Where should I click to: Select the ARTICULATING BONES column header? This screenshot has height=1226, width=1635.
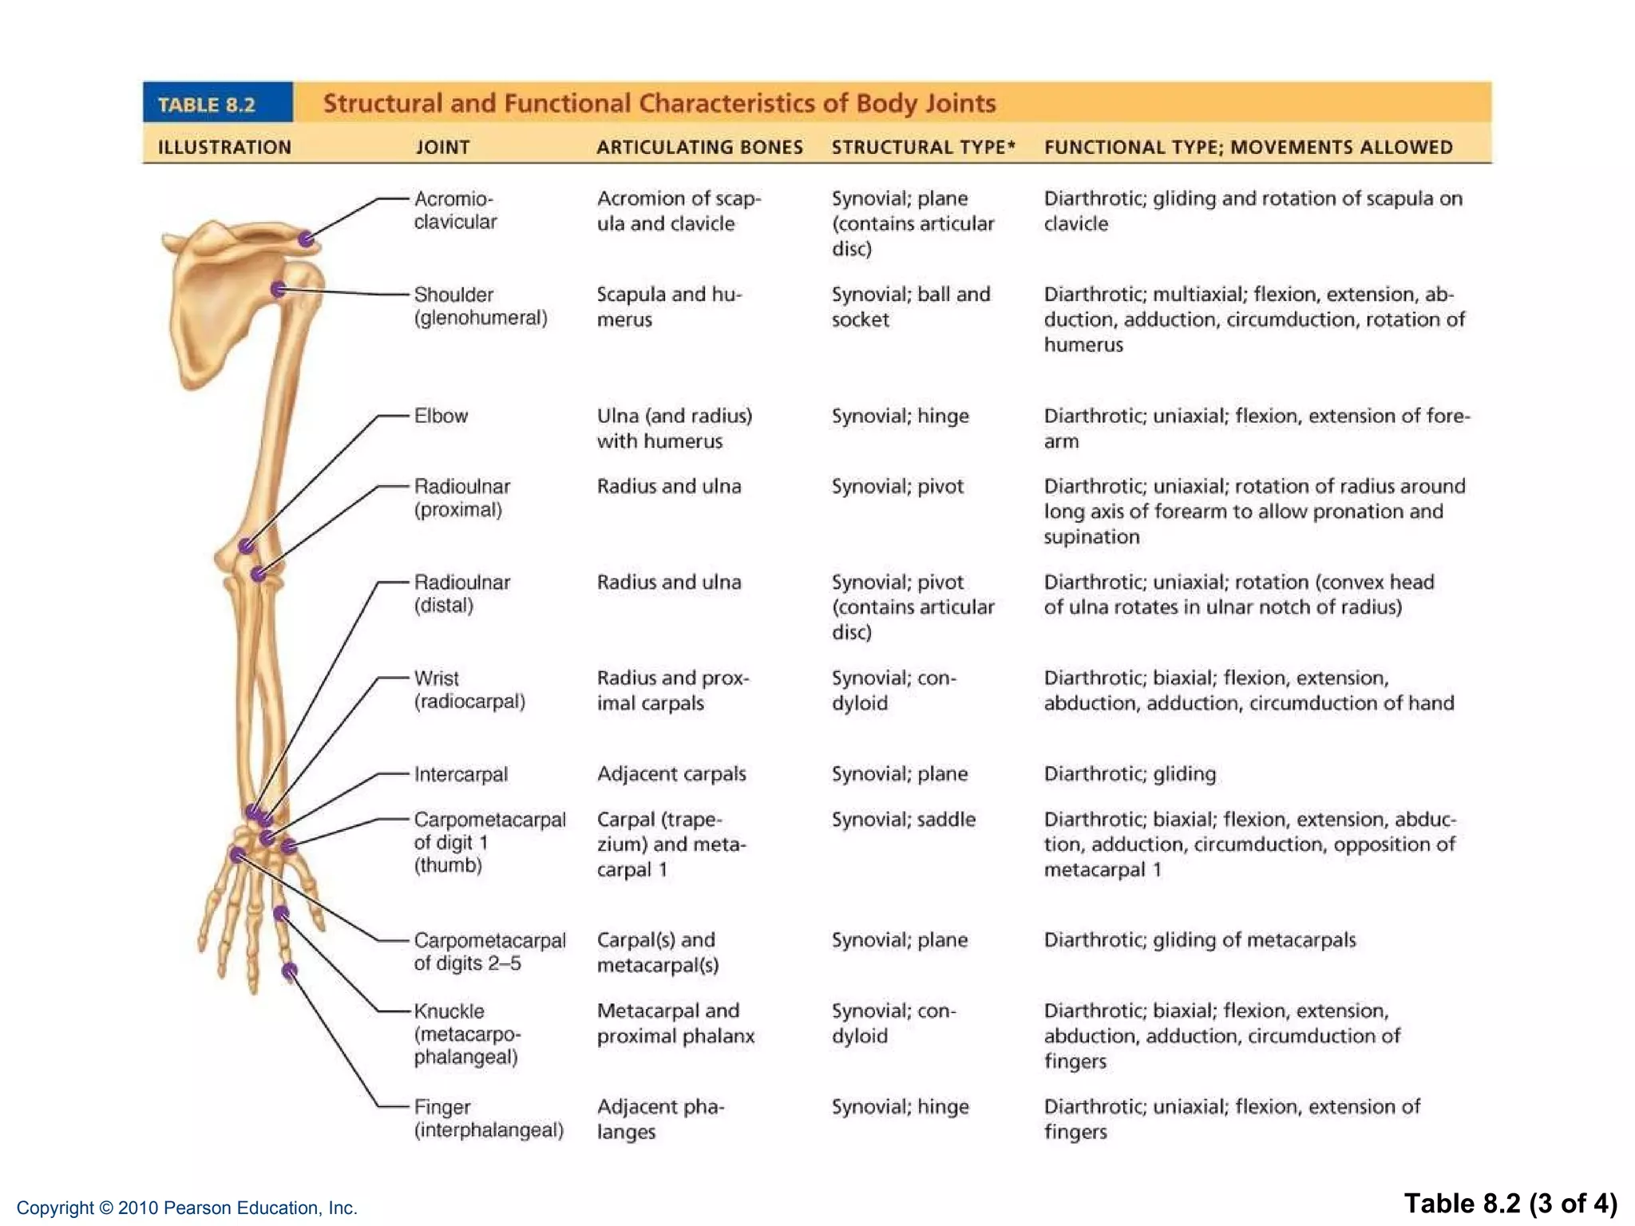click(699, 147)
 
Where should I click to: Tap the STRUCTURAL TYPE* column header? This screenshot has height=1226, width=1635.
click(923, 147)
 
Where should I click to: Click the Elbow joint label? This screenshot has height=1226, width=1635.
click(441, 416)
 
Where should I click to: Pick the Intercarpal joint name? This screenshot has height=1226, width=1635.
click(461, 774)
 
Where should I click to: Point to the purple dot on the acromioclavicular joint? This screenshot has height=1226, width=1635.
click(307, 239)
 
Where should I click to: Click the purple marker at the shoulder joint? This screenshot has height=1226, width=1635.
click(279, 289)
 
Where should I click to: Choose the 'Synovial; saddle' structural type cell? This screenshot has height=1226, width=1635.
click(903, 820)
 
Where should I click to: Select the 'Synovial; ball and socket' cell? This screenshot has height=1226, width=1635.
click(910, 306)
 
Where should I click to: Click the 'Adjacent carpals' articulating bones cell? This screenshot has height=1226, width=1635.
click(671, 774)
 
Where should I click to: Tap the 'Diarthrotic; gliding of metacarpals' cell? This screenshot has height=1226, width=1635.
click(1199, 940)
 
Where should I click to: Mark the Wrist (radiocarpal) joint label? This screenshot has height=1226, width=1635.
click(469, 690)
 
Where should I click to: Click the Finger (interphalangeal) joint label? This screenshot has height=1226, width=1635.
click(488, 1118)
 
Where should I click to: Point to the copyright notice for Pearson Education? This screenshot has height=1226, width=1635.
click(187, 1208)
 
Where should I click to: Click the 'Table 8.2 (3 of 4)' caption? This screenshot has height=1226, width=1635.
click(1510, 1203)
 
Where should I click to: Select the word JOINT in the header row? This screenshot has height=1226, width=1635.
click(442, 147)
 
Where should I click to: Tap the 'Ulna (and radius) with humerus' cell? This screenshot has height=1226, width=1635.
click(674, 429)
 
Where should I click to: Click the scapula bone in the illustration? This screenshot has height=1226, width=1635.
click(209, 311)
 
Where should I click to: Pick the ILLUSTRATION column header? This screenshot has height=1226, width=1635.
click(224, 147)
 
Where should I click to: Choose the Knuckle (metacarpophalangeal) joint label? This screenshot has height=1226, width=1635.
click(466, 1034)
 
